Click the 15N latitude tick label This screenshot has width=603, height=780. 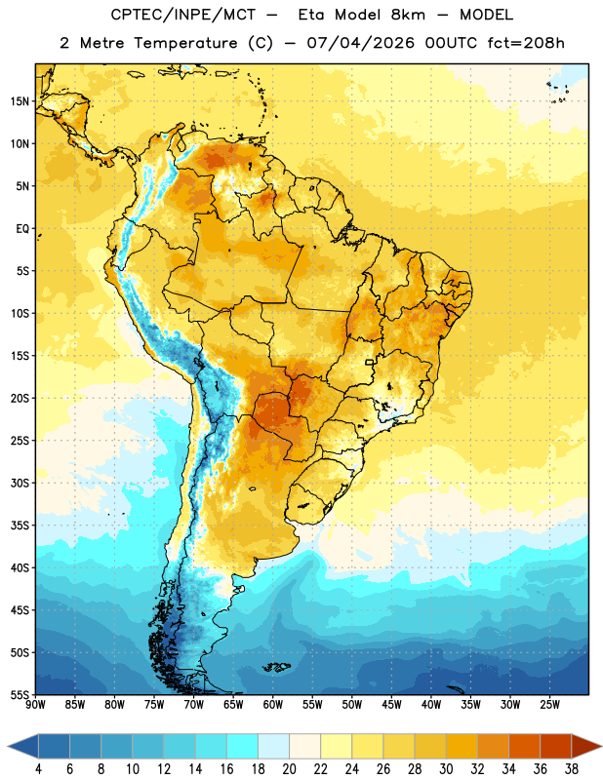(x=20, y=101)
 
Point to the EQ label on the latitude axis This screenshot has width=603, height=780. (x=22, y=229)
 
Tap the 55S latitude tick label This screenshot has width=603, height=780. (x=20, y=694)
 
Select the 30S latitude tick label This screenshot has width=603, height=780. (x=20, y=483)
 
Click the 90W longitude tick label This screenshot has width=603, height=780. (x=36, y=705)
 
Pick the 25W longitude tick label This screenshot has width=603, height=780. (x=549, y=705)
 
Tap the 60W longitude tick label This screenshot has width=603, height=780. (x=273, y=705)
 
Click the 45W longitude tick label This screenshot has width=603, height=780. (x=392, y=705)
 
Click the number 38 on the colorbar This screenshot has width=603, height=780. (x=572, y=769)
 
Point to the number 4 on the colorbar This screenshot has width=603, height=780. (x=38, y=769)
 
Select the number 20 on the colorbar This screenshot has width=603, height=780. (x=289, y=769)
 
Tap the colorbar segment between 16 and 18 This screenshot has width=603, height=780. (x=243, y=746)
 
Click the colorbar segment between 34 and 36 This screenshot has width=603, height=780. (x=524, y=746)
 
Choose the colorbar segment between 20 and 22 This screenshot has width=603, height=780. (x=305, y=746)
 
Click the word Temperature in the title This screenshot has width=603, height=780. (x=185, y=43)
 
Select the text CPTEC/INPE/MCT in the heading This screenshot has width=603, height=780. (x=183, y=15)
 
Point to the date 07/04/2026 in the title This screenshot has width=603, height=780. (x=360, y=43)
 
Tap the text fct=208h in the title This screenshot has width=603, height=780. (x=526, y=43)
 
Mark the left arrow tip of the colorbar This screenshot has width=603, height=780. (x=8, y=746)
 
